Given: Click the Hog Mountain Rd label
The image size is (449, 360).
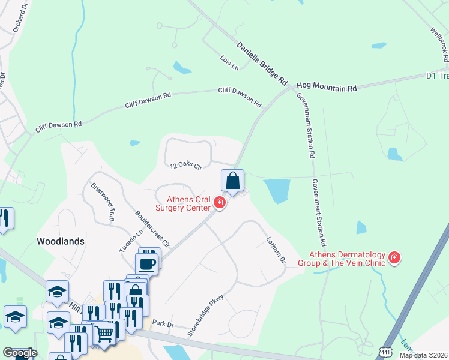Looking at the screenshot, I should click(x=327, y=88).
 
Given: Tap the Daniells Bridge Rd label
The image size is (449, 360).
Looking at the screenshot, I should click(x=262, y=62).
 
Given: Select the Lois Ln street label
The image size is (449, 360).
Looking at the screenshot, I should click(x=229, y=63).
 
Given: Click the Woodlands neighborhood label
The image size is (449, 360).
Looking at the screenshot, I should click(x=60, y=241).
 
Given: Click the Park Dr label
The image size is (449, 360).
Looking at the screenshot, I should click(x=163, y=324).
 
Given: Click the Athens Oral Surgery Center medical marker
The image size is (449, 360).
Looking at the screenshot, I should click(x=220, y=204).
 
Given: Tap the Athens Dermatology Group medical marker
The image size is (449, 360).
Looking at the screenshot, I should click(x=394, y=258).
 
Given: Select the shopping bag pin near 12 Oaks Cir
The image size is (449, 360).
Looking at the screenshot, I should click(x=232, y=181).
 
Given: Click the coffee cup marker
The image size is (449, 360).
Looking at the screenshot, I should click(x=146, y=263).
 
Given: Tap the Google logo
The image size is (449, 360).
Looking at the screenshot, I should click(x=20, y=353).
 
